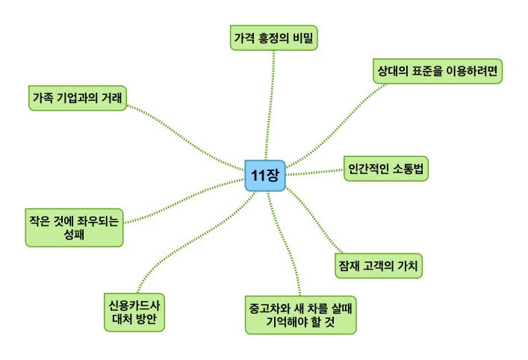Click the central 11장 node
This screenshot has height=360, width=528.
tap(265, 176)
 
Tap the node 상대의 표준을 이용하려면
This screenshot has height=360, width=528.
tap(437, 72)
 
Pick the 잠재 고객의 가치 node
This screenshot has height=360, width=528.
tap(379, 266)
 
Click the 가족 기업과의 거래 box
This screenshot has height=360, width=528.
tap(75, 98)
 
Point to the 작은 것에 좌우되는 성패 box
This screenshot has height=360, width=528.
tap(74, 229)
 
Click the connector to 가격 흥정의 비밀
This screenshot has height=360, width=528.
tap(269, 105)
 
